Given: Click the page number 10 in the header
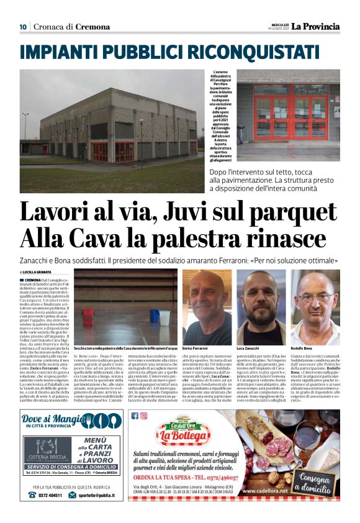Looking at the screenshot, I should point(23,27).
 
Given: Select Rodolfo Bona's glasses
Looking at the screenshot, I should point(315,297).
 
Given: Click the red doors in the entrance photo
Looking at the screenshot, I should point(292,118).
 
